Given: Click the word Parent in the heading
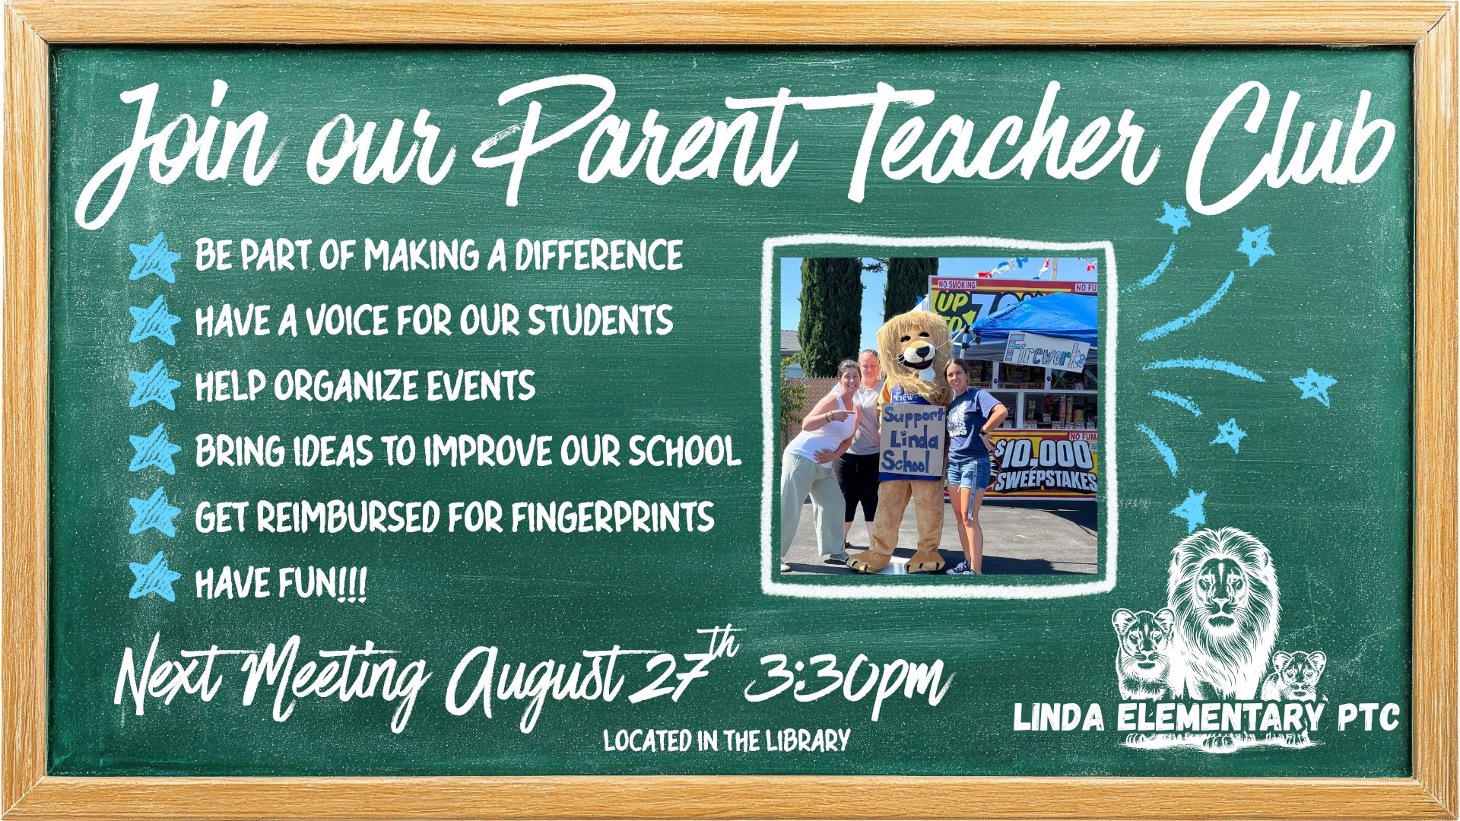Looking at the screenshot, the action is [x=635, y=144].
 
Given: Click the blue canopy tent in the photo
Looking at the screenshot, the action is [x=1027, y=319].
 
